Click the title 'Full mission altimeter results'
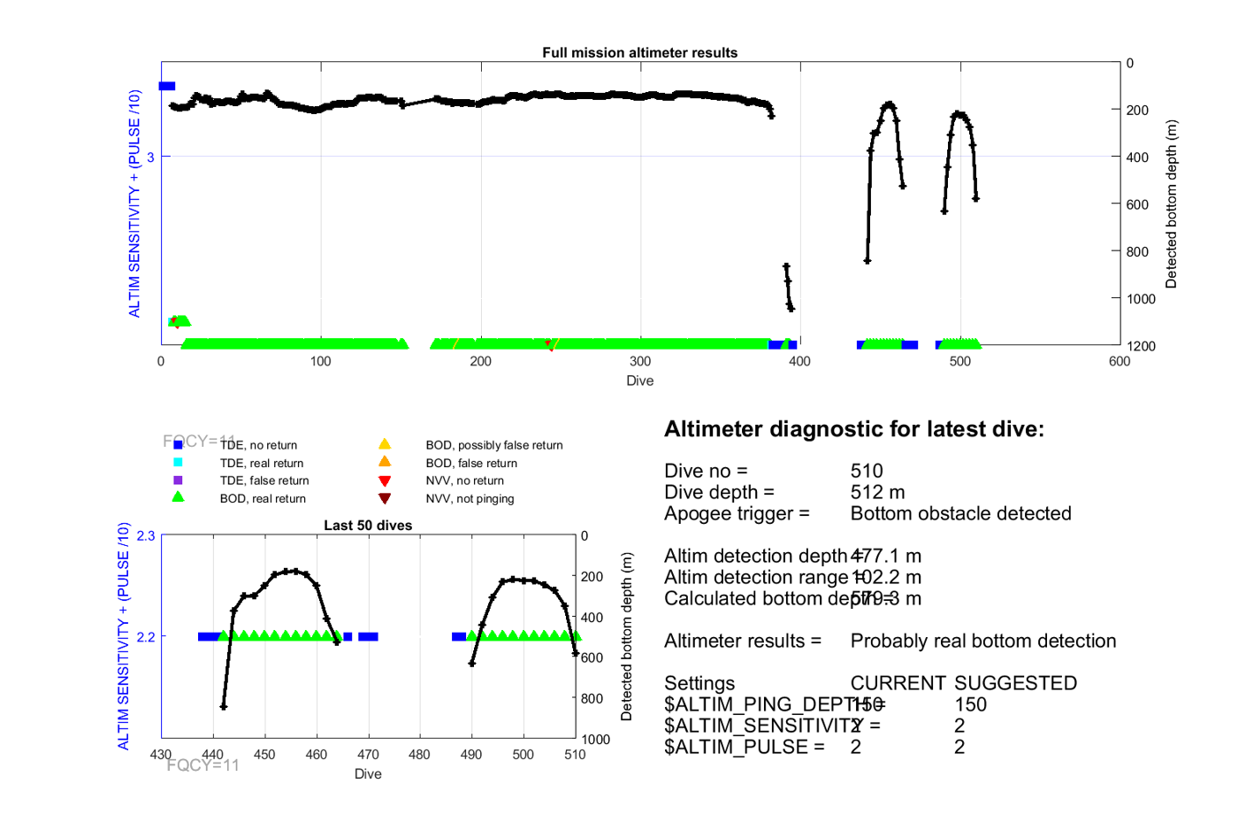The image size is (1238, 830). tap(639, 52)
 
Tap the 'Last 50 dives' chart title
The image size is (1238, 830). tap(368, 525)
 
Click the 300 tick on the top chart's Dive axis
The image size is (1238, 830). tap(640, 361)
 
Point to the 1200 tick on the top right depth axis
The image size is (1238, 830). tap(1141, 346)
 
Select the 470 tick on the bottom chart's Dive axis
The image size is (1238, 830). tap(368, 754)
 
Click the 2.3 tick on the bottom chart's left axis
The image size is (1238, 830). tap(146, 535)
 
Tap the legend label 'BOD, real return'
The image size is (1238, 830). tap(263, 498)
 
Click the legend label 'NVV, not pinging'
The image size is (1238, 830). tap(470, 498)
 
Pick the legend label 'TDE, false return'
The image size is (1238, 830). tap(264, 480)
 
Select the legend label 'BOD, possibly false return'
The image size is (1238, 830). tap(493, 445)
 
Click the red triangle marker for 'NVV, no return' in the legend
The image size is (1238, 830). tap(385, 480)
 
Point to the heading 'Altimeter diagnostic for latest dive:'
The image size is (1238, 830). tap(853, 429)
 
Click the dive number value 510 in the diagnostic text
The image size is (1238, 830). tap(867, 471)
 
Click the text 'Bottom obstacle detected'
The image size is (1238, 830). tap(960, 513)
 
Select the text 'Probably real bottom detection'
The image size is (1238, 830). tap(982, 641)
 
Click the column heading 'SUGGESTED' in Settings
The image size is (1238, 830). tap(1015, 683)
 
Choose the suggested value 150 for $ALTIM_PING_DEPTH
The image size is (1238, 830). tap(970, 704)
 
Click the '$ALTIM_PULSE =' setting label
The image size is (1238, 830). tap(744, 747)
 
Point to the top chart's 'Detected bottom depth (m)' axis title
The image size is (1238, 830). tap(1171, 204)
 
